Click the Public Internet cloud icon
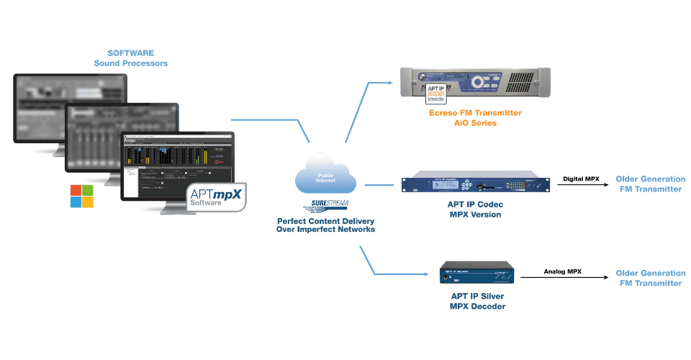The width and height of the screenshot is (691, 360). point(325,176)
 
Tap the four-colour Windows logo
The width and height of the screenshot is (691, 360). point(81,196)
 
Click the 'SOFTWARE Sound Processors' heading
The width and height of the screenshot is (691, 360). point(130,58)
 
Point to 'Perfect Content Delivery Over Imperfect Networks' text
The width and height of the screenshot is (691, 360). point(325,225)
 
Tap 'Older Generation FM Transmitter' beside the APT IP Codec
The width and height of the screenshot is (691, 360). point(650,184)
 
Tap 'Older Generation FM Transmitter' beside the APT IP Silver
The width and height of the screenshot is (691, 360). point(650,279)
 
